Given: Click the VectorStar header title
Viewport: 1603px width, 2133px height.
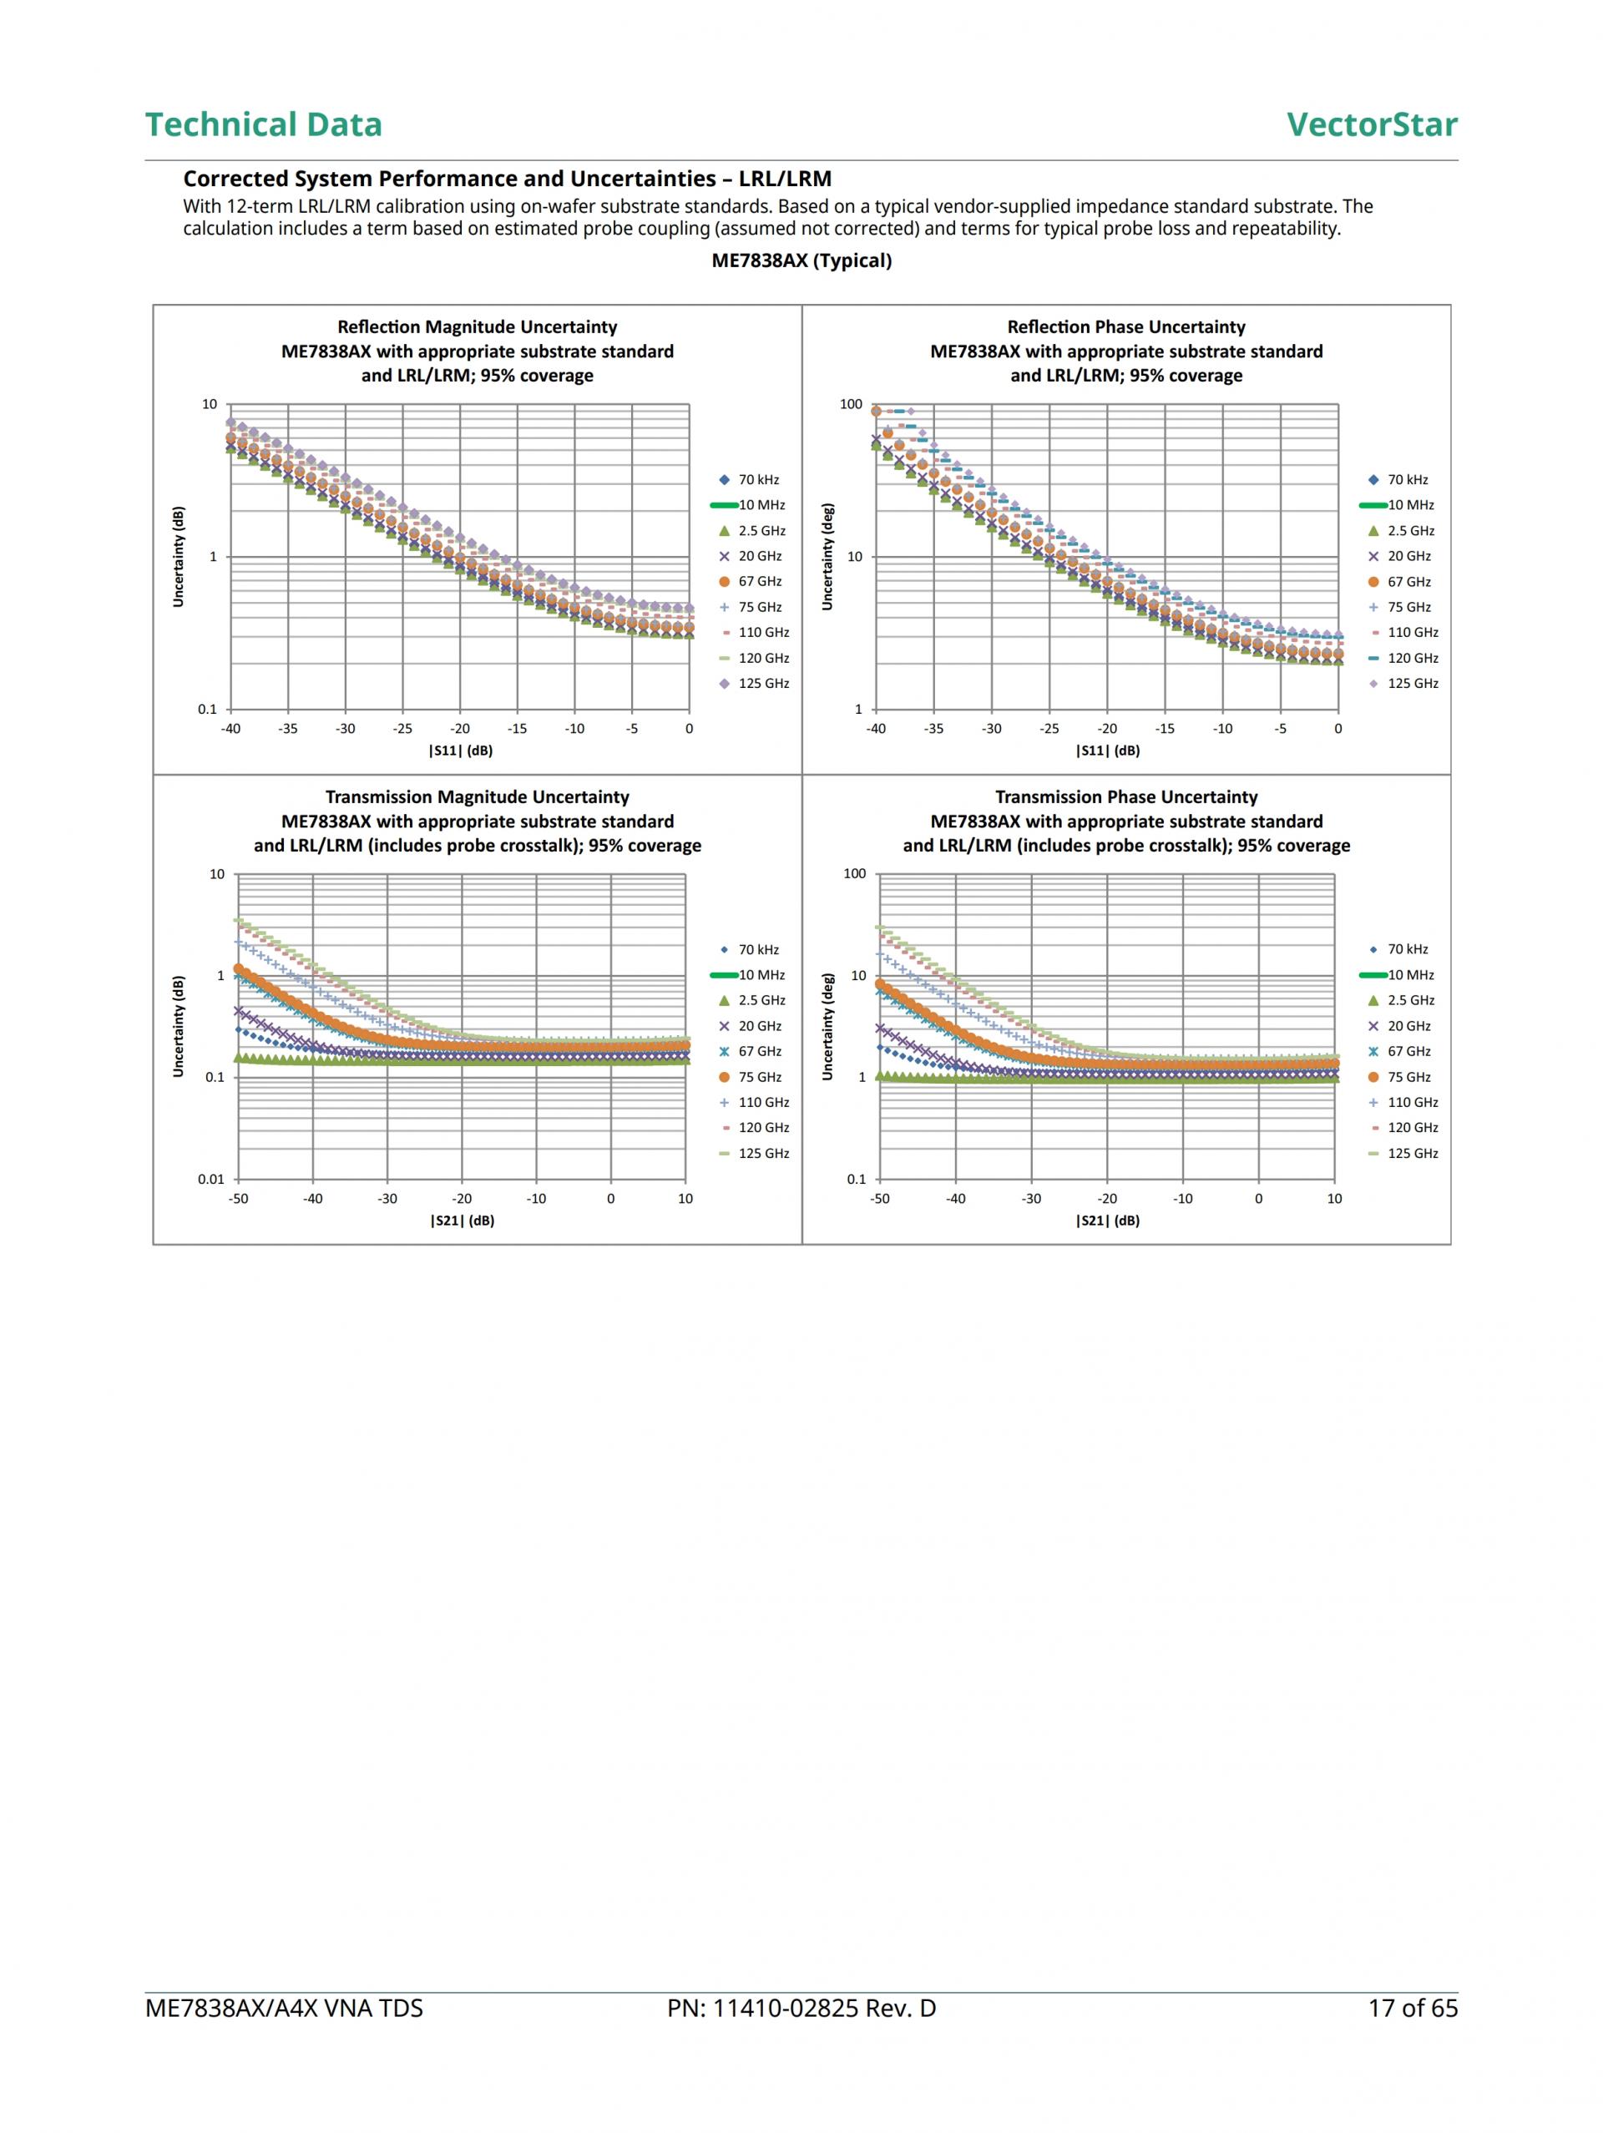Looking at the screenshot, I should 1371,124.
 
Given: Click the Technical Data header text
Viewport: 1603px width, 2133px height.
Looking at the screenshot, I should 263,124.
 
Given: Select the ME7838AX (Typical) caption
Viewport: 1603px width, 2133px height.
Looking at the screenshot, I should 801,260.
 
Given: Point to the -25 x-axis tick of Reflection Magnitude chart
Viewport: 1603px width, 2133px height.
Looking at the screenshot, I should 402,729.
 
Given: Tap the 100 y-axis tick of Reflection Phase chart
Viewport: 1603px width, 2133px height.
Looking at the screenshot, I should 851,405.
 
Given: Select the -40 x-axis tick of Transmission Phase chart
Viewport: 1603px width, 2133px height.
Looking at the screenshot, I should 955,1199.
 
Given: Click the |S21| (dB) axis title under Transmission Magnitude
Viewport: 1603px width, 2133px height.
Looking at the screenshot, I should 462,1221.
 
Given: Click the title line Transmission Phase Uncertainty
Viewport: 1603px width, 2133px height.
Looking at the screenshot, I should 1125,797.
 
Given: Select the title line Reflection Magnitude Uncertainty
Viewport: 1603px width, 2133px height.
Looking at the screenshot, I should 477,328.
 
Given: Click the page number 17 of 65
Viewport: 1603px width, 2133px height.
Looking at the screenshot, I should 1412,2009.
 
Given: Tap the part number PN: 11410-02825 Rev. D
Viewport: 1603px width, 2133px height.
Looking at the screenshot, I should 801,2009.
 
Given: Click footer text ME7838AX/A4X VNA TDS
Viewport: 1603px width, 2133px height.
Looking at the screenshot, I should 284,2009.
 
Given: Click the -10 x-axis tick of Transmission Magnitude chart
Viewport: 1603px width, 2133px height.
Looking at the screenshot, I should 536,1199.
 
